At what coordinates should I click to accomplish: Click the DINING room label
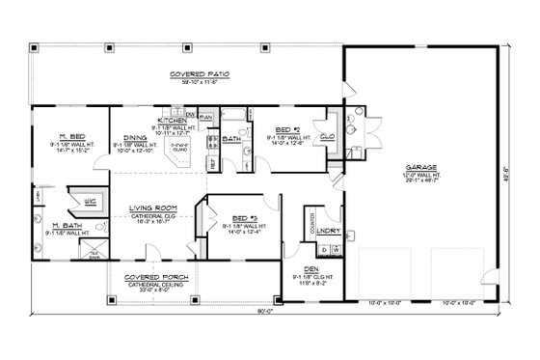(135, 138)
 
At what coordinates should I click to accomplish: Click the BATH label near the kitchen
(231, 140)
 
